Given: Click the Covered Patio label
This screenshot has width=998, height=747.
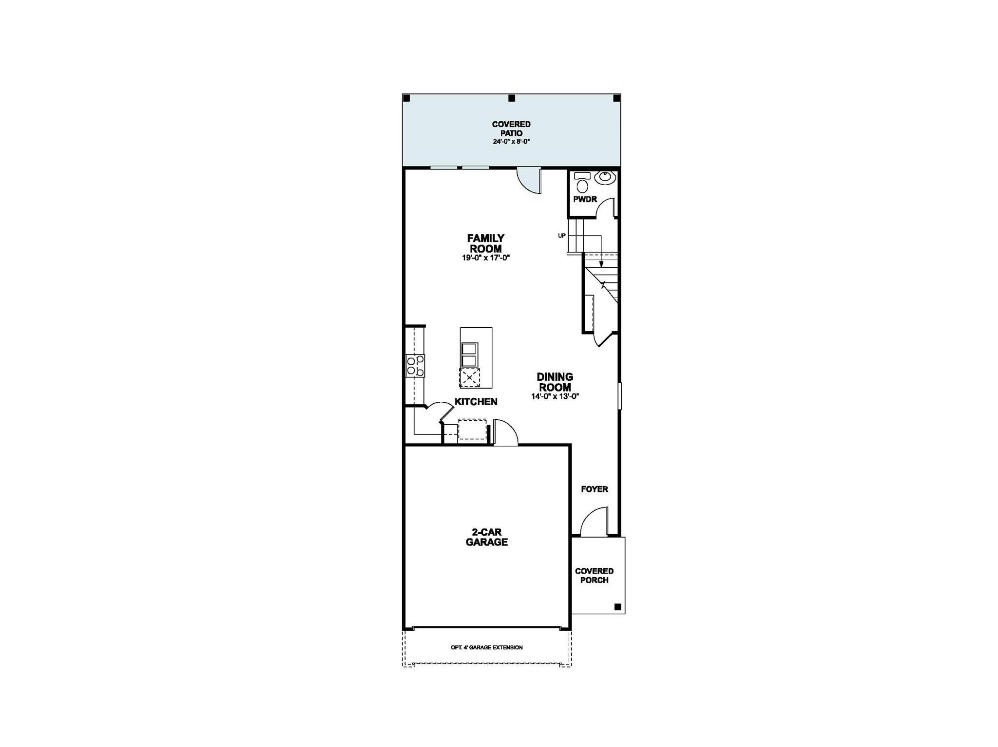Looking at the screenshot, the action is [x=511, y=129].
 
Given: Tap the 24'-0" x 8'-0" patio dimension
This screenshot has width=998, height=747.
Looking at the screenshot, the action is [x=511, y=142].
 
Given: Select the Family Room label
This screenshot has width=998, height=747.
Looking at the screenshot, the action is [x=485, y=243].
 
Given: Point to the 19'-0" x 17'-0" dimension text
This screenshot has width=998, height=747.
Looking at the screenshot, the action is [x=486, y=258].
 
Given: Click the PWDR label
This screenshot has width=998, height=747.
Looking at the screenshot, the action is [x=585, y=199].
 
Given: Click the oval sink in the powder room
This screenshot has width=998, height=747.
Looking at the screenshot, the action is [x=605, y=178].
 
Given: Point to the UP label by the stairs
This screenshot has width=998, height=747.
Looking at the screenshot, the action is [x=562, y=236].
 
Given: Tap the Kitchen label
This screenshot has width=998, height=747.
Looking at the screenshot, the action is [x=476, y=402].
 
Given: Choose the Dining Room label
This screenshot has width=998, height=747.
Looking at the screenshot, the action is [x=555, y=382].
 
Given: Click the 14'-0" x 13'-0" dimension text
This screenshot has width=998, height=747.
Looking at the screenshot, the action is [x=555, y=396].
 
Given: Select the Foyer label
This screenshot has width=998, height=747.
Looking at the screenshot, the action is [x=595, y=489].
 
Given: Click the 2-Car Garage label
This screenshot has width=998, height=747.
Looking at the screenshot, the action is [x=487, y=537].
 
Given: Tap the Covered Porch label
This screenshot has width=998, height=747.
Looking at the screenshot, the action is [x=595, y=576].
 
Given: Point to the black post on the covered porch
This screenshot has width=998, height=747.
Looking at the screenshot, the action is [x=617, y=607].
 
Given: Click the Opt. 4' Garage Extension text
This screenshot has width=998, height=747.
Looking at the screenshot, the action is [x=487, y=648].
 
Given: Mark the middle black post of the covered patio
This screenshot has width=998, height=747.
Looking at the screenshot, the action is [x=512, y=98].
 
